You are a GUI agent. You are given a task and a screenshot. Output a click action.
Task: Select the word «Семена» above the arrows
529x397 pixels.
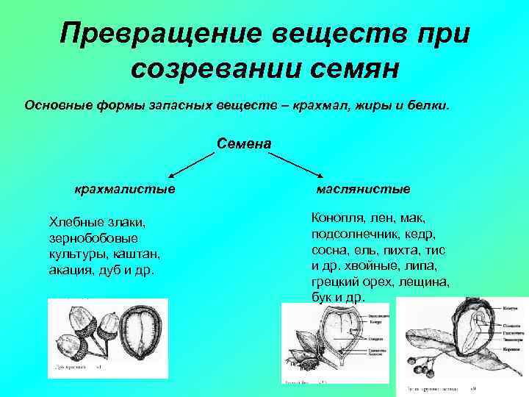(x=245, y=142)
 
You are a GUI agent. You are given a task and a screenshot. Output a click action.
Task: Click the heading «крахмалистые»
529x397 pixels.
(x=124, y=189)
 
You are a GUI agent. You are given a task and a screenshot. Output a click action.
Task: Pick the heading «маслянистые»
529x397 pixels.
(x=363, y=189)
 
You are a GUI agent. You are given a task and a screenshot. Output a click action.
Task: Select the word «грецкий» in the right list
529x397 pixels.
(x=335, y=282)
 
